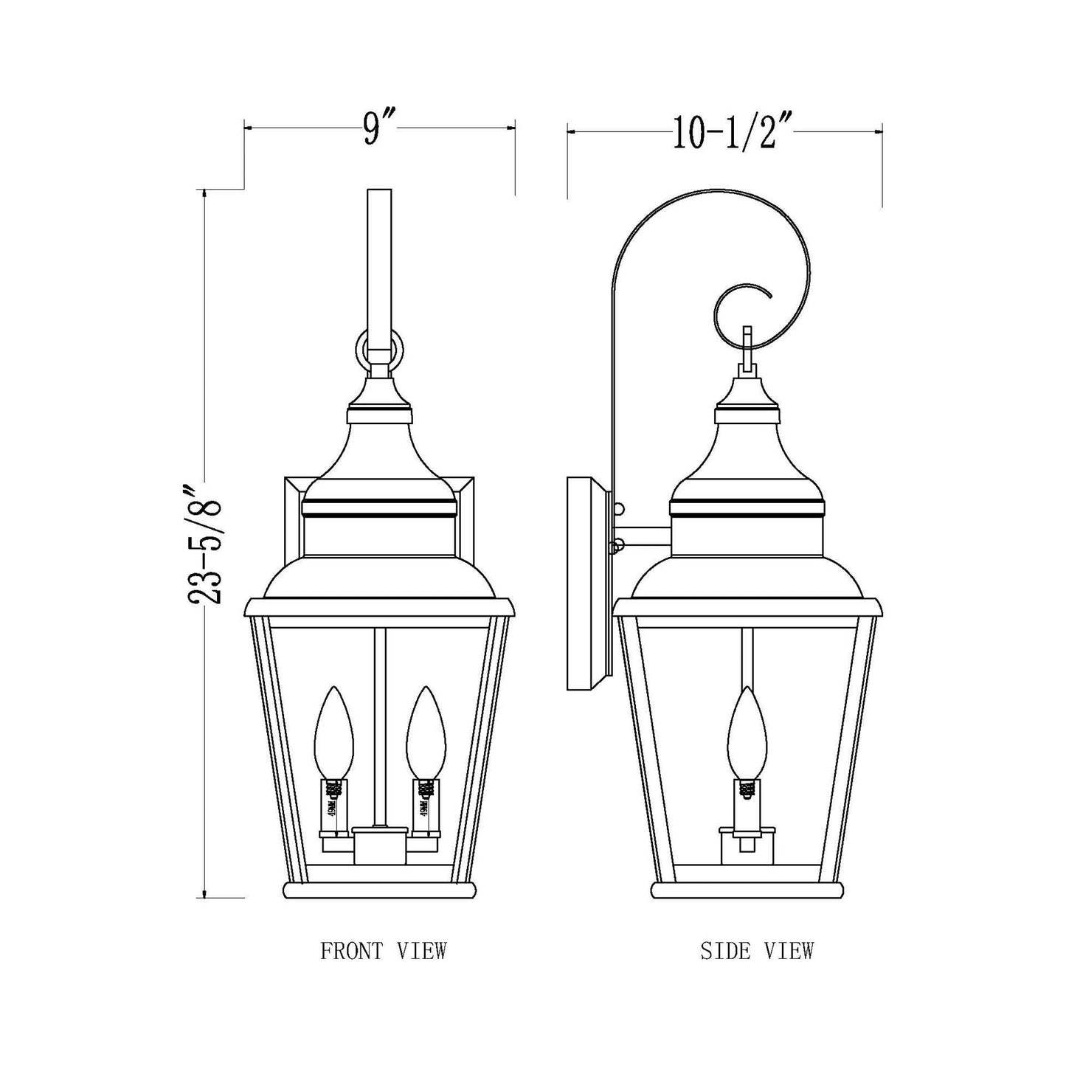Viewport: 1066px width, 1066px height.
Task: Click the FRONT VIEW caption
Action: [x=383, y=951]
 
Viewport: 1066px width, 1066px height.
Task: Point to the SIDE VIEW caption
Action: [x=756, y=951]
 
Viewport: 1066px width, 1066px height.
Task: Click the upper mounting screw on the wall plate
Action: [x=619, y=508]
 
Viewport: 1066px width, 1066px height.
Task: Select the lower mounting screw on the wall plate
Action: [x=619, y=545]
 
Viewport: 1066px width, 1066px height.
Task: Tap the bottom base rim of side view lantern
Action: [x=747, y=889]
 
